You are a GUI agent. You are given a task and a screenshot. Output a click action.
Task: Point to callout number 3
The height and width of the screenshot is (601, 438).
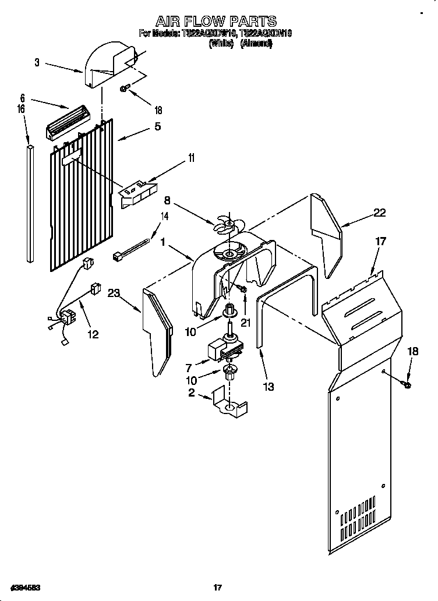[37, 63]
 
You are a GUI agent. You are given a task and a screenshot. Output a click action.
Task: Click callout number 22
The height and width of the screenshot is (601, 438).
[379, 213]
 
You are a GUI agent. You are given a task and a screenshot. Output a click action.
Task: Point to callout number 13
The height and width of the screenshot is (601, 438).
[268, 386]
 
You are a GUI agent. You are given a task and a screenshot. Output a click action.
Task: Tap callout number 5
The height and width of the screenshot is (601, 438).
[157, 126]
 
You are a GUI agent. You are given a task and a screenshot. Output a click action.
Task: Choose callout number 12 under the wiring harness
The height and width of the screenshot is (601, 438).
[93, 334]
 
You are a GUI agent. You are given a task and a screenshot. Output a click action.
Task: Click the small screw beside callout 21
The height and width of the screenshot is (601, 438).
[243, 289]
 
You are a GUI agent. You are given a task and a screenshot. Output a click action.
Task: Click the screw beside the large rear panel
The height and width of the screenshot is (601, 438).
[406, 384]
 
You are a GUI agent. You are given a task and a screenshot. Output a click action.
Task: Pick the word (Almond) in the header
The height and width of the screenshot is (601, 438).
[256, 43]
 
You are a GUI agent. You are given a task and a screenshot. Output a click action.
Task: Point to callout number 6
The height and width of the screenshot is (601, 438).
[22, 98]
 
